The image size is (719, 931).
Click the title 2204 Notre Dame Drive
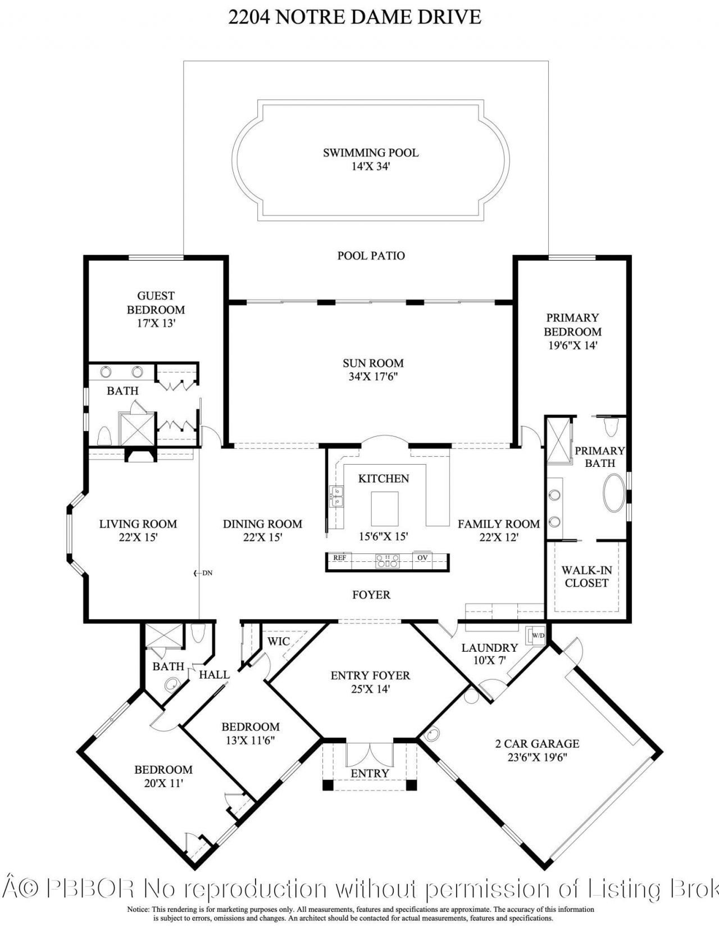tap(354, 16)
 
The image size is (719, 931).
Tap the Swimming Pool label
tap(371, 153)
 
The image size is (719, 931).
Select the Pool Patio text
tap(371, 256)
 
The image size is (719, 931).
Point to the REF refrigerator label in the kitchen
tap(339, 558)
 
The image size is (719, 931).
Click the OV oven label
tap(422, 558)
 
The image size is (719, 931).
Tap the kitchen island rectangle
tap(385, 507)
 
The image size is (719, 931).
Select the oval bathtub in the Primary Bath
tap(614, 493)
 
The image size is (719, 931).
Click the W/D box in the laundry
tap(538, 635)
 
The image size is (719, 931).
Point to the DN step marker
tap(203, 573)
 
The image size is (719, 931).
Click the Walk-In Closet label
tap(586, 576)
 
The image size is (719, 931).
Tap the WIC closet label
tap(279, 642)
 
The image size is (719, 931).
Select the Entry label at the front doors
tap(370, 774)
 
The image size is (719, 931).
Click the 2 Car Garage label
tap(537, 743)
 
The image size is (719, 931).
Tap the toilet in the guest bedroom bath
tap(103, 436)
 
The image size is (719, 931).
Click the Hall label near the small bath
tap(214, 675)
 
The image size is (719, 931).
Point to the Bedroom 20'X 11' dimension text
tap(163, 783)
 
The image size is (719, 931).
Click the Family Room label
tap(498, 524)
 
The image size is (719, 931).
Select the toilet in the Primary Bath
tap(612, 426)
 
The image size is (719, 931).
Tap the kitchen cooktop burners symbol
tap(388, 560)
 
